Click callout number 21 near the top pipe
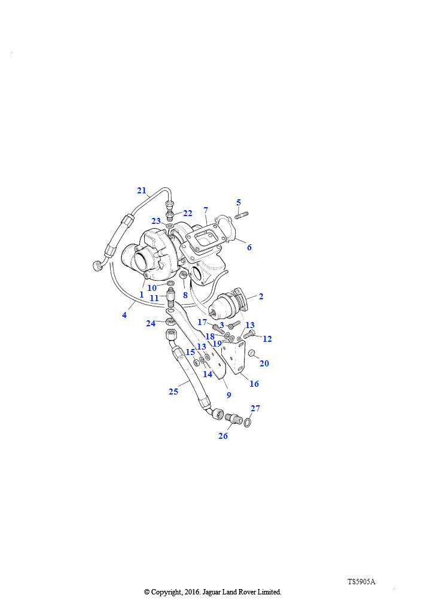141,190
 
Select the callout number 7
206,210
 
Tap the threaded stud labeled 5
241,215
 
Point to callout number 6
249,247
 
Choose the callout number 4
124,315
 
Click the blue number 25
173,392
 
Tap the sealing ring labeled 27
248,422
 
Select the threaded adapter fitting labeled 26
234,418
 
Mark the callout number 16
254,384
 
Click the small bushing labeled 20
252,353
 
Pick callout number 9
229,395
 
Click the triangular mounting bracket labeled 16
235,357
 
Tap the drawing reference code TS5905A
361,581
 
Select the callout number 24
151,323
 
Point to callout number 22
187,213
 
